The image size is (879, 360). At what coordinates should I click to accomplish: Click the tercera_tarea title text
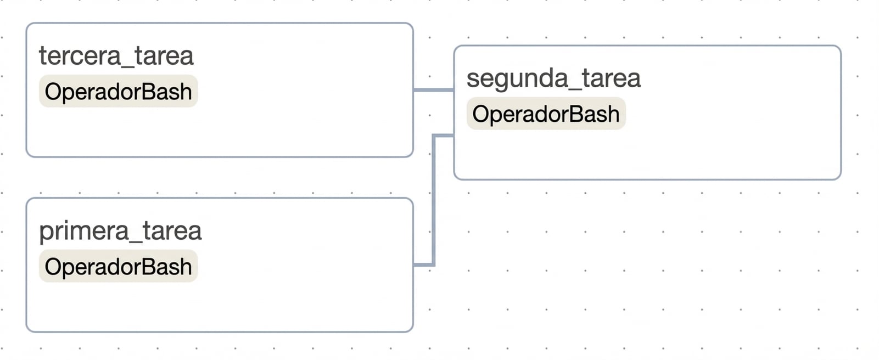tap(116, 56)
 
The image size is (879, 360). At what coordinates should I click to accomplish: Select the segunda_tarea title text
tap(553, 78)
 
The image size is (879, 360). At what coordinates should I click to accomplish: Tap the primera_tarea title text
tap(120, 231)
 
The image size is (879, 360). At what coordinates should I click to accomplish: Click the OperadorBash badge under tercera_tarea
tap(118, 92)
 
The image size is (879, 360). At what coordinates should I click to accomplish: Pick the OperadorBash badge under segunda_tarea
tap(546, 114)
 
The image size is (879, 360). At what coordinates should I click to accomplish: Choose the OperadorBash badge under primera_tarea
tap(118, 267)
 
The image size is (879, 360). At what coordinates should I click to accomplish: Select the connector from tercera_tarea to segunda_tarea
tap(433, 89)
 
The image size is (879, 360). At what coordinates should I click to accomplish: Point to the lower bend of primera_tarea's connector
tap(434, 265)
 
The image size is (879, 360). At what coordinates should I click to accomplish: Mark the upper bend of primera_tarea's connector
tap(434, 135)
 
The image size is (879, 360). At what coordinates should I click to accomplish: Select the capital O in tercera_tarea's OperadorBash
tap(53, 92)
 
